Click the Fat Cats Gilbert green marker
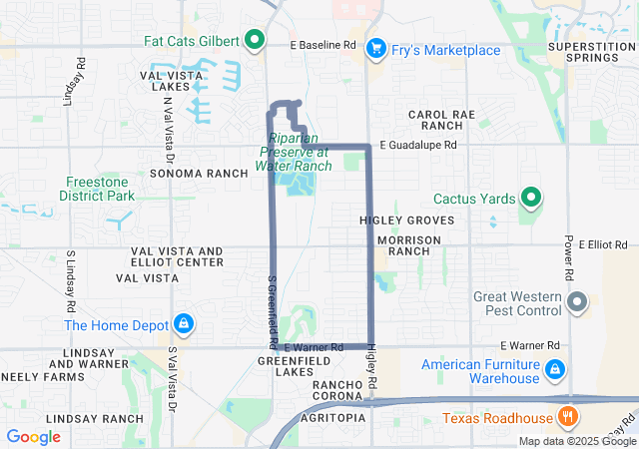[x=254, y=41]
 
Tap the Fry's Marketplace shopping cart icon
[x=376, y=48]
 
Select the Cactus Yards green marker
[x=530, y=199]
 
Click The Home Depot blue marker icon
[x=183, y=324]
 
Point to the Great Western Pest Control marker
[x=576, y=301]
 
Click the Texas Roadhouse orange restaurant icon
[x=567, y=417]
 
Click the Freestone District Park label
[x=101, y=189]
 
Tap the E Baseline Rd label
[x=322, y=46]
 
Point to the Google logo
[x=33, y=437]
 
